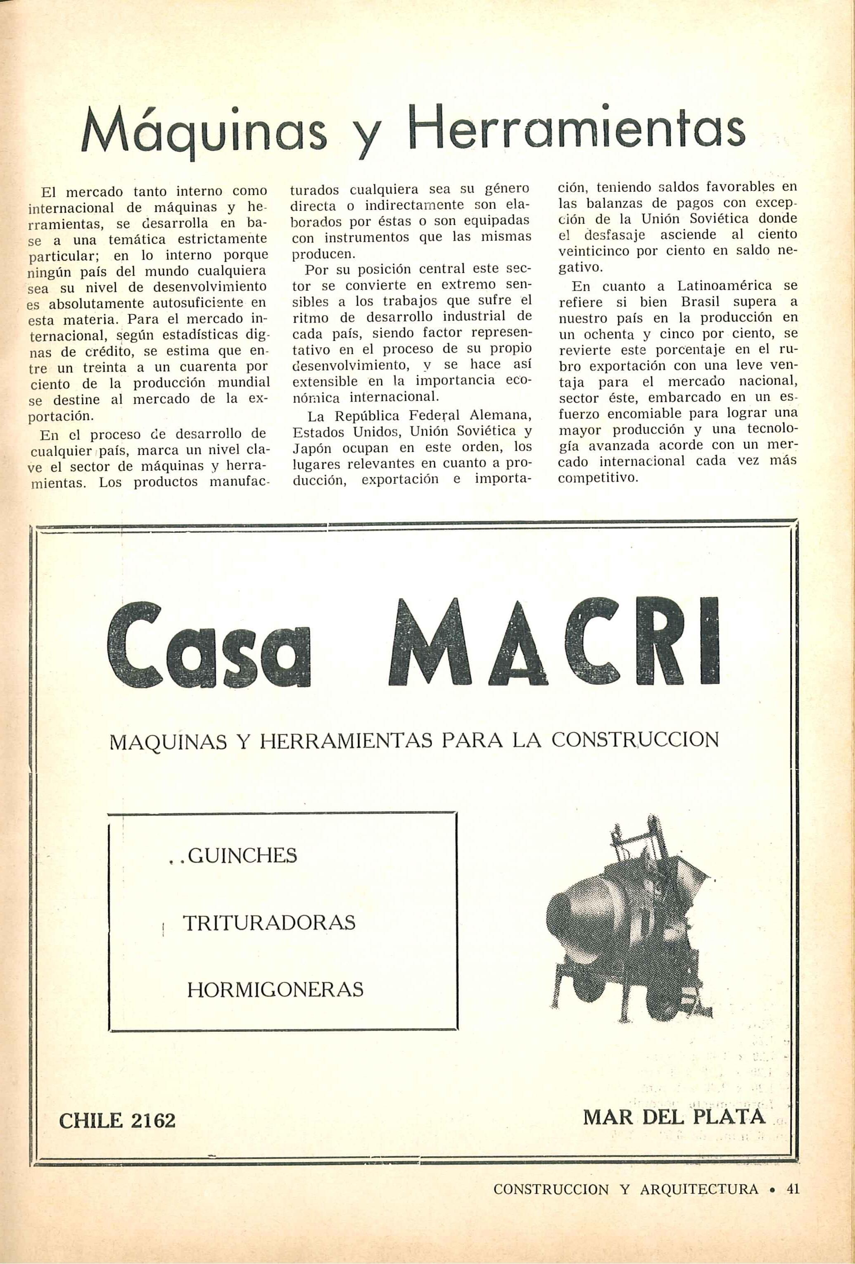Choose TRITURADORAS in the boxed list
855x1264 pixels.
coord(269,922)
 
